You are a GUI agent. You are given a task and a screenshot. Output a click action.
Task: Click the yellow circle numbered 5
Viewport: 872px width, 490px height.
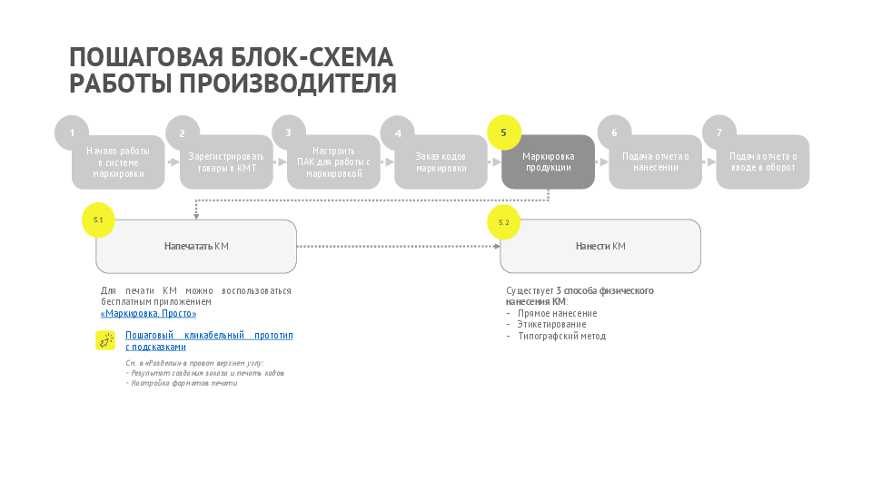coord(504,132)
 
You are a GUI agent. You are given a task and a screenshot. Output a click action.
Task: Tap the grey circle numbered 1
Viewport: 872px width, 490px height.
coord(72,132)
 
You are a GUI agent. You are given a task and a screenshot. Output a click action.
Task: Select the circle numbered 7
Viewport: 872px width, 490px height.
coord(719,132)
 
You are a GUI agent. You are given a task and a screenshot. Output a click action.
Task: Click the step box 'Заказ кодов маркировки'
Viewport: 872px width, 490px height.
coord(441,162)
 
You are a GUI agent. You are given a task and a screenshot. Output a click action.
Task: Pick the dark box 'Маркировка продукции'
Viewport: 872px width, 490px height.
coord(549,162)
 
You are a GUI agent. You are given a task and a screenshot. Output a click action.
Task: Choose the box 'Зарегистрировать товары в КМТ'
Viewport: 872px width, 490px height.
coord(227,162)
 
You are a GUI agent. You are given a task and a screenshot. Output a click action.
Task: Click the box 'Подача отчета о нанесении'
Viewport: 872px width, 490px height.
coord(656,162)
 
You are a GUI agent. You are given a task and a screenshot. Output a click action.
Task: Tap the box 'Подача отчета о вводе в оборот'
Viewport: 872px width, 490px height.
coord(763,162)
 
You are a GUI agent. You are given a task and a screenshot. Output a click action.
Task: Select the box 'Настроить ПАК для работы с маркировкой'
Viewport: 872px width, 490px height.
coord(334,162)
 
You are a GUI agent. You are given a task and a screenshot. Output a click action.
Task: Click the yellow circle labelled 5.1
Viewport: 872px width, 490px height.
coord(99,220)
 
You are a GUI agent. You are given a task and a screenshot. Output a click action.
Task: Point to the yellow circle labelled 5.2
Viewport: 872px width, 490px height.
coord(504,222)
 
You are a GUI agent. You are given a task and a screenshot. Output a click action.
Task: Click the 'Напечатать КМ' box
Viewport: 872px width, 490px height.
coord(196,246)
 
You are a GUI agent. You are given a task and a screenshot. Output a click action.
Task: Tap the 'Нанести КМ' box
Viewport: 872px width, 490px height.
coord(600,246)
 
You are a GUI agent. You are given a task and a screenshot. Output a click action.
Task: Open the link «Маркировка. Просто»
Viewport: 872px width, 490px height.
coord(148,313)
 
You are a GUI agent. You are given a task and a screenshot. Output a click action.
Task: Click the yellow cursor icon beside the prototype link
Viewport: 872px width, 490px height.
coord(106,340)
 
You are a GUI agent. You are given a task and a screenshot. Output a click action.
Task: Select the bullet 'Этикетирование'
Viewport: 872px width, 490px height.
coord(551,324)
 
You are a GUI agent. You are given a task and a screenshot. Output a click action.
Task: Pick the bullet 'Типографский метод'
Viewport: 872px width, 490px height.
coord(560,336)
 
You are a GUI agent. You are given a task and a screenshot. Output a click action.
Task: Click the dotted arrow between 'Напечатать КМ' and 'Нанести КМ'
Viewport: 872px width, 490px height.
coord(398,246)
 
